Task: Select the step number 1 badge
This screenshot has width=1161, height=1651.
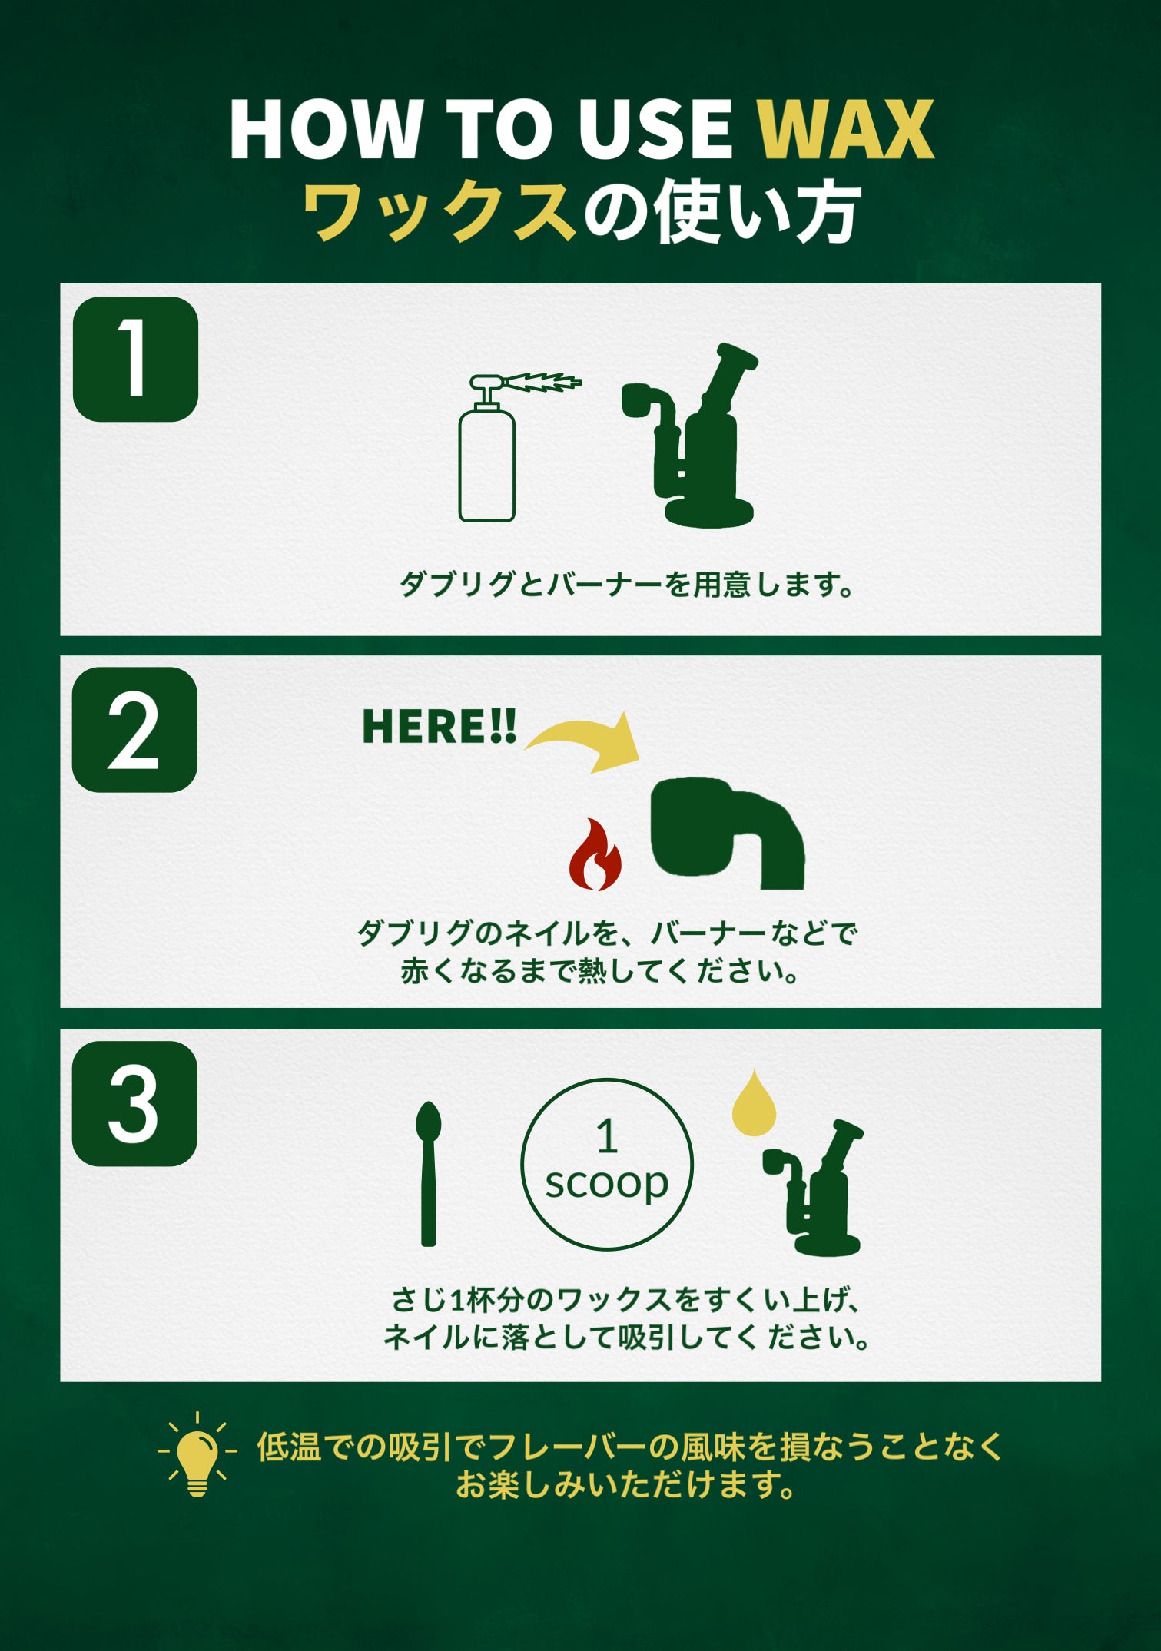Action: coord(135,359)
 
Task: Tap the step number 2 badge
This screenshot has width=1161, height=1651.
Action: coord(134,730)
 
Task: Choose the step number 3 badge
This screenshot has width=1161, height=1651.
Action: coord(134,1103)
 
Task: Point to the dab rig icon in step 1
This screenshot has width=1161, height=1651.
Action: coord(688,435)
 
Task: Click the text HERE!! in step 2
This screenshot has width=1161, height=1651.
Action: coord(439,726)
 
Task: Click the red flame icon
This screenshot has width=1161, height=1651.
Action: coord(595,854)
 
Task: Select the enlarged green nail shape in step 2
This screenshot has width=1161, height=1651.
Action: coord(727,834)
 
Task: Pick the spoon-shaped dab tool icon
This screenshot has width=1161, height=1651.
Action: coord(428,1174)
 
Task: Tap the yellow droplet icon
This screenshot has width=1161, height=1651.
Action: coord(754,1103)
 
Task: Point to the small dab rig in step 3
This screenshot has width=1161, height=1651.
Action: coord(812,1188)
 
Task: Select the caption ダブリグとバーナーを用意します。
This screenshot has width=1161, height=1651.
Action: coord(627,585)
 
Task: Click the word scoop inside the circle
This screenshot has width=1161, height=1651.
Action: coord(607,1183)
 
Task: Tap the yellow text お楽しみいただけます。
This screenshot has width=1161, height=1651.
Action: coord(627,1484)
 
